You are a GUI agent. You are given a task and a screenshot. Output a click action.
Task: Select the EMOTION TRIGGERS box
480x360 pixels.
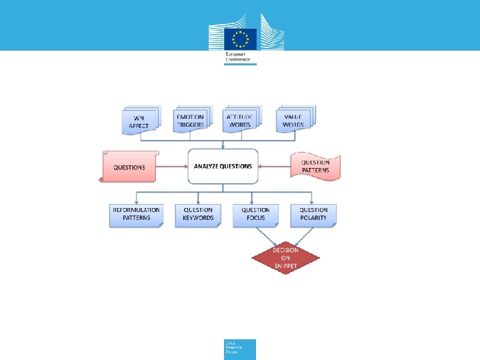click(x=191, y=121)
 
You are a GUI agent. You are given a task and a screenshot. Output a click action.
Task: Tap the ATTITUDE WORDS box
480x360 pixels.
click(x=241, y=121)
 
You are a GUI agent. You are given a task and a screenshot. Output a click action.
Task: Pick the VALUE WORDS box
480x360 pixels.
click(x=293, y=121)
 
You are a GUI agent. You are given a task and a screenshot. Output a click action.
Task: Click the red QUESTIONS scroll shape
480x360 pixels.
click(x=129, y=167)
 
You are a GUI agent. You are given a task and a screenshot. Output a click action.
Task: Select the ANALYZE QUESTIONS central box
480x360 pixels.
click(x=223, y=166)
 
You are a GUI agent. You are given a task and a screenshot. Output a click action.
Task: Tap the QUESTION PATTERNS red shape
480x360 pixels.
click(x=315, y=167)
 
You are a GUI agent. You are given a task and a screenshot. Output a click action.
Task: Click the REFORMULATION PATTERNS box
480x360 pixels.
click(x=136, y=215)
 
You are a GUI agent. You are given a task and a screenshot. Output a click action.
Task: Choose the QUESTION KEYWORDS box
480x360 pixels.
click(x=198, y=215)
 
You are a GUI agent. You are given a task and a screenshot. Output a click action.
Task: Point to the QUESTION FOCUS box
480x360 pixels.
click(x=255, y=215)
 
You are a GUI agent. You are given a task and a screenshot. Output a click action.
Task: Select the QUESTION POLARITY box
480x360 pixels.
click(x=313, y=215)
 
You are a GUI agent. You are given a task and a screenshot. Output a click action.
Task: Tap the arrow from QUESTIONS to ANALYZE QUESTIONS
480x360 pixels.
click(x=171, y=167)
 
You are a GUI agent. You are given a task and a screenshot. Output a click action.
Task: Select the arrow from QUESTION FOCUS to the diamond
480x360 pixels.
click(x=269, y=236)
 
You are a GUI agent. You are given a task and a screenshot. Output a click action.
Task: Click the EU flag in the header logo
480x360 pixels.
click(x=240, y=38)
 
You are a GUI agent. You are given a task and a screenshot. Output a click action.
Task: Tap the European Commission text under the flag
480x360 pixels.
click(x=239, y=57)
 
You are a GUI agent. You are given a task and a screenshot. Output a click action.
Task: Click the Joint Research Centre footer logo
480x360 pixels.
click(x=239, y=349)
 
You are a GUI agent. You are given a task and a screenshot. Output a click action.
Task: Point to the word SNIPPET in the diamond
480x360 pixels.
click(x=285, y=265)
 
